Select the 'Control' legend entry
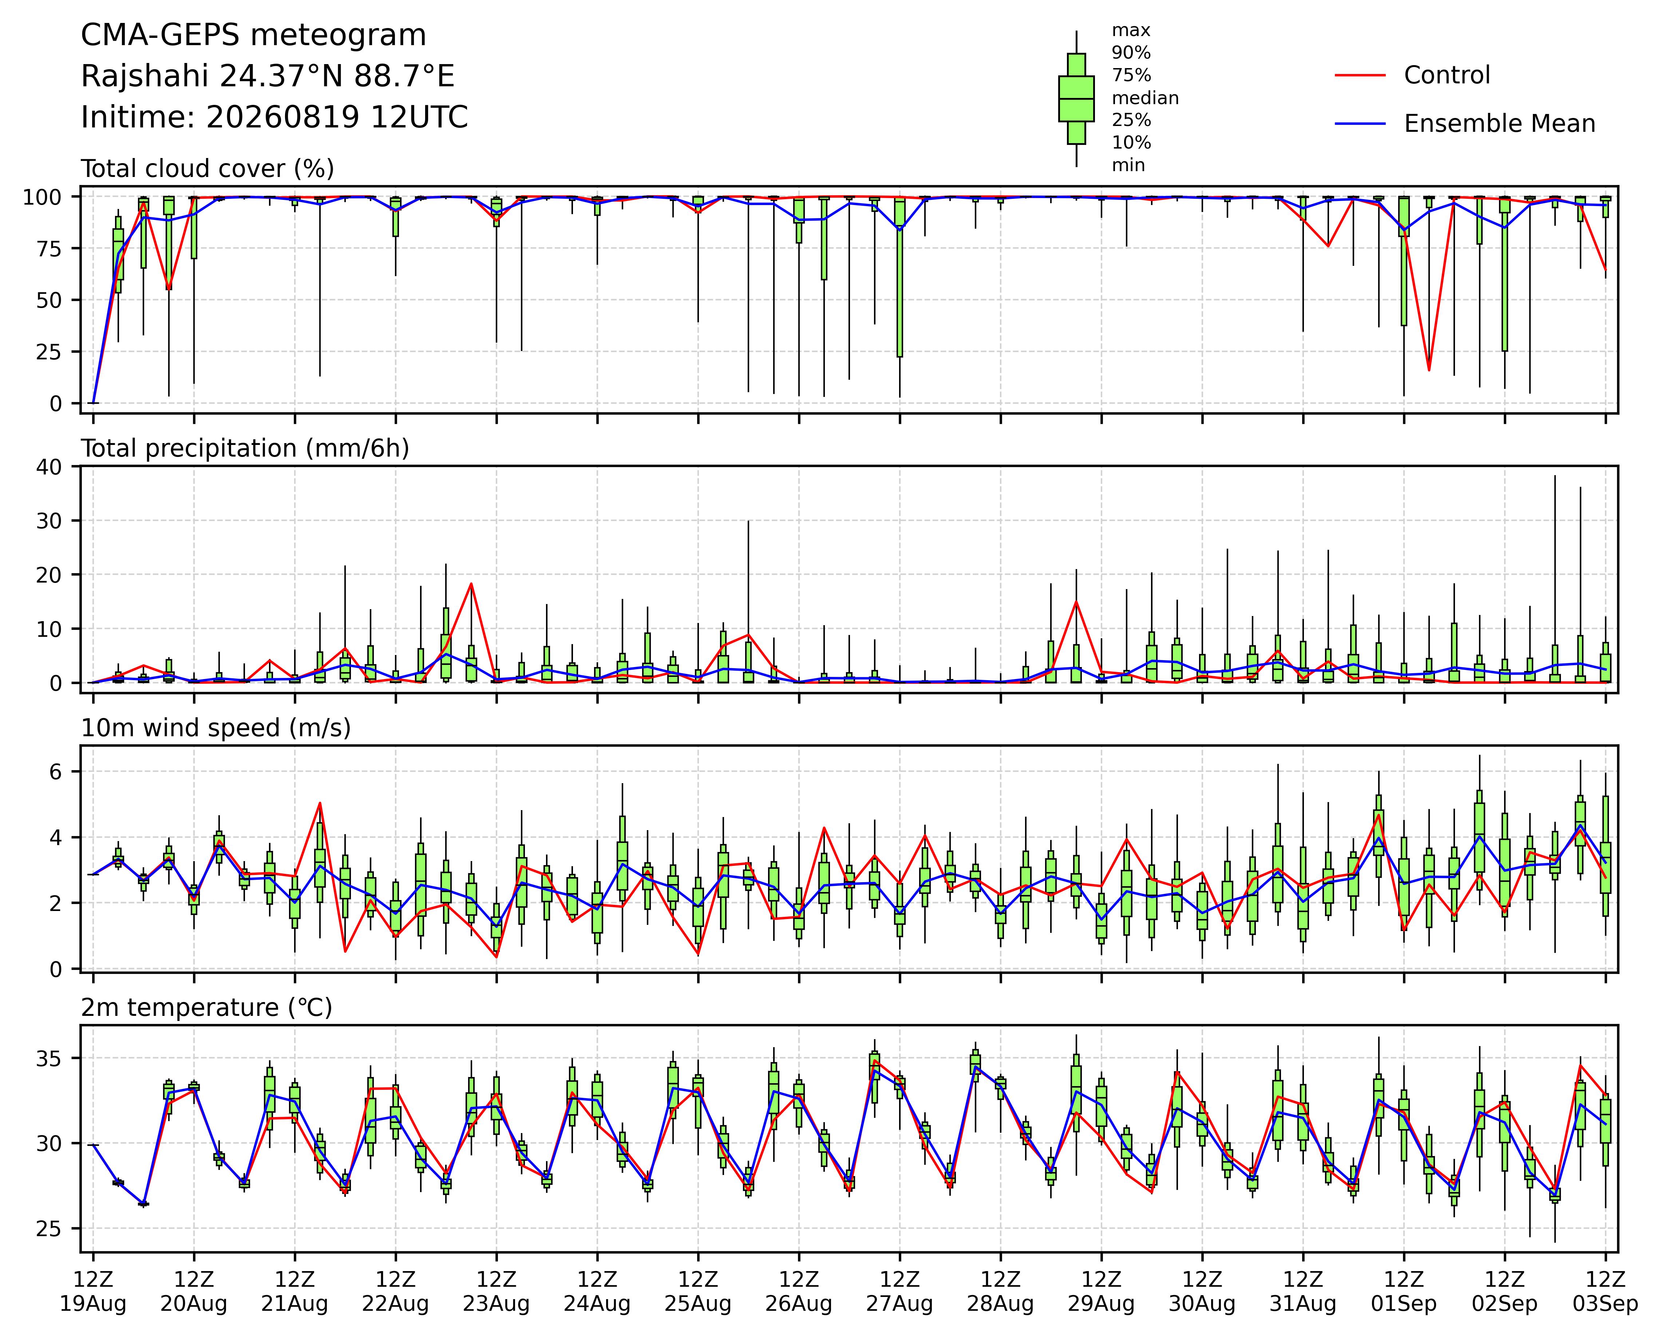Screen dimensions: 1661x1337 (1447, 75)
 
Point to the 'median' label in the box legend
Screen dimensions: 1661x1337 (1145, 99)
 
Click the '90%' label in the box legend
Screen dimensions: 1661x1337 (1131, 53)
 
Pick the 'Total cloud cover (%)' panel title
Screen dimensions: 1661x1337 (208, 169)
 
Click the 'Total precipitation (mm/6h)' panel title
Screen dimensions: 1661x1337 (245, 449)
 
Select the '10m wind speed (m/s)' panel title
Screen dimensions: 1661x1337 (216, 728)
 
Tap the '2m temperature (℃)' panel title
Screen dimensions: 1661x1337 (206, 1008)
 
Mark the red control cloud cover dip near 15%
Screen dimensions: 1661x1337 (1429, 371)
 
